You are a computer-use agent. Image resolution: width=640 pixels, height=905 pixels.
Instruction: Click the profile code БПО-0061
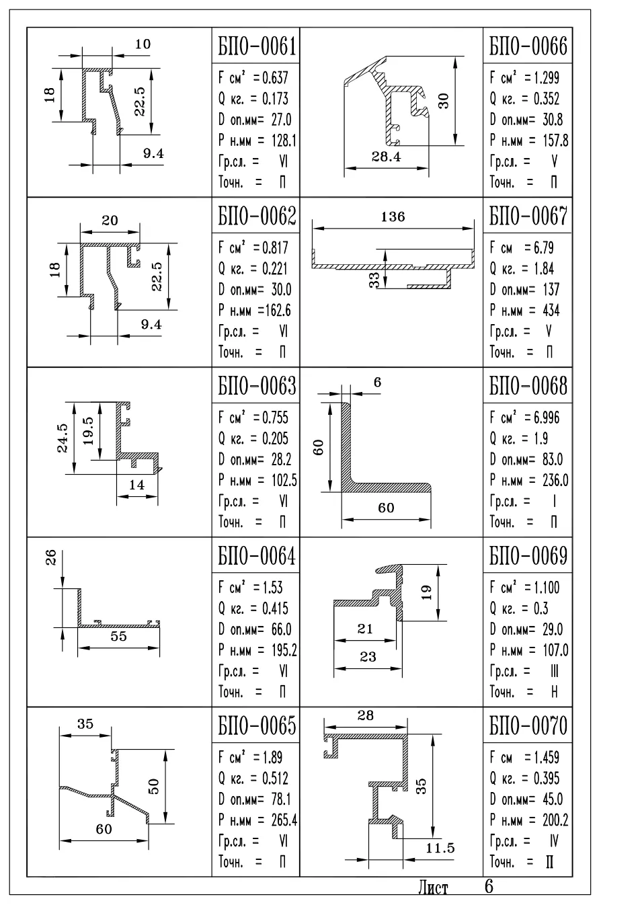click(257, 46)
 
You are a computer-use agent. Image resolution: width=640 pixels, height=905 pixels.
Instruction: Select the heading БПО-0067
click(528, 216)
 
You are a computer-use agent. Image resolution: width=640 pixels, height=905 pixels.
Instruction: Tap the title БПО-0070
click(528, 725)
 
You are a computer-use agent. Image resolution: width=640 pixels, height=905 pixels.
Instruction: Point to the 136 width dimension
click(393, 217)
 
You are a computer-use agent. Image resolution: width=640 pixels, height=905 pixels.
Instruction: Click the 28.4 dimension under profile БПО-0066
click(387, 157)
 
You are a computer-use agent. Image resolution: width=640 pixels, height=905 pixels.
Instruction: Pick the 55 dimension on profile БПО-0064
click(118, 636)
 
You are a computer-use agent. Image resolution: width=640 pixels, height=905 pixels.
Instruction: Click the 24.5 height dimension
click(63, 438)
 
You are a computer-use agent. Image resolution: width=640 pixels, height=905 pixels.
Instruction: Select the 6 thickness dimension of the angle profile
click(377, 382)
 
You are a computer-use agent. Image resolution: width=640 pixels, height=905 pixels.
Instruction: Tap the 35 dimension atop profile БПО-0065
click(85, 723)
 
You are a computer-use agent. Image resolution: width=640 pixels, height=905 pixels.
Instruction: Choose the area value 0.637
click(275, 77)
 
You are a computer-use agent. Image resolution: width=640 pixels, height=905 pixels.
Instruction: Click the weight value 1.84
click(544, 269)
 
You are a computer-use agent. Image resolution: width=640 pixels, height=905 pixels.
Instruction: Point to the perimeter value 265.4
click(284, 820)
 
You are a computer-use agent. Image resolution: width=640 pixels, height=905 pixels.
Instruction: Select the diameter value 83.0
click(553, 459)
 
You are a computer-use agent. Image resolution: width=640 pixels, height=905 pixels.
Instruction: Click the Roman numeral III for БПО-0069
click(555, 672)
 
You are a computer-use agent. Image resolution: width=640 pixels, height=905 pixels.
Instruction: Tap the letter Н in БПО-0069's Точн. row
click(555, 692)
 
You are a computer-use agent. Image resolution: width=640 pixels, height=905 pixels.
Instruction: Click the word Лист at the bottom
click(433, 888)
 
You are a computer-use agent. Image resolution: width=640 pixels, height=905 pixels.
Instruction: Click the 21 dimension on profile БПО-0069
click(365, 629)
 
